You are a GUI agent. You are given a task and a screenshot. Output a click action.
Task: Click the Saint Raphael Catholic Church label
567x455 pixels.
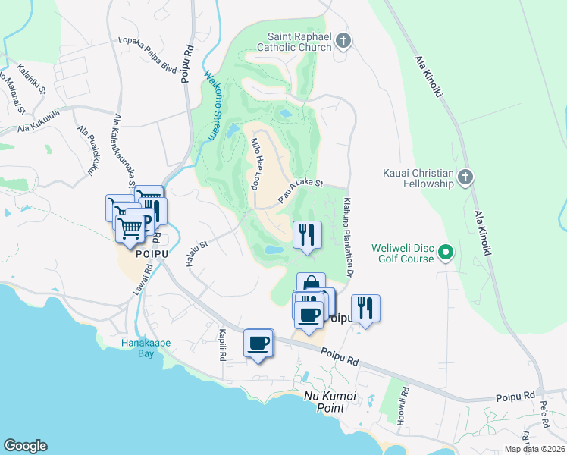click(300, 42)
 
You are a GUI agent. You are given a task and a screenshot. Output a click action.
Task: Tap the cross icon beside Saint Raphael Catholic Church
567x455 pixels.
click(343, 40)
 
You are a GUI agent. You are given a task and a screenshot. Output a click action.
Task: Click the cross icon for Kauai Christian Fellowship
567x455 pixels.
click(465, 178)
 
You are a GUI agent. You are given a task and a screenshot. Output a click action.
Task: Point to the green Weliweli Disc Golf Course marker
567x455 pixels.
click(446, 253)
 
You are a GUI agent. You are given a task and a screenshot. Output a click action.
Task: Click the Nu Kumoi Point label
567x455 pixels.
click(334, 402)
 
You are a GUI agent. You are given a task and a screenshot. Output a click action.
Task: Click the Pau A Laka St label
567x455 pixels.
click(300, 189)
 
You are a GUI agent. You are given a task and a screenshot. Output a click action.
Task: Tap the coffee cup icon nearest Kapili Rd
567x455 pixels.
click(258, 343)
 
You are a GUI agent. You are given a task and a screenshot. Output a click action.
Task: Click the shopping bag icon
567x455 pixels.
click(311, 285)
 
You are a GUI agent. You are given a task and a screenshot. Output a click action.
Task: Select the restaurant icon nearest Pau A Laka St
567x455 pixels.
click(307, 234)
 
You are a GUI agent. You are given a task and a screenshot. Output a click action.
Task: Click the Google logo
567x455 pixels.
click(25, 446)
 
